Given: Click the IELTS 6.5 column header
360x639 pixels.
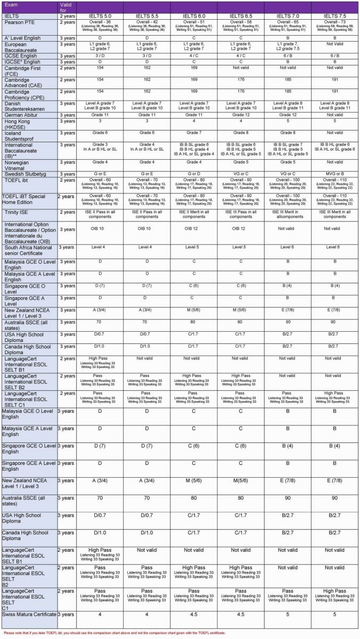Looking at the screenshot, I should pyautogui.click(x=241, y=17).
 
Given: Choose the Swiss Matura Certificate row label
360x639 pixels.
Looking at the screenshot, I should pyautogui.click(x=29, y=614).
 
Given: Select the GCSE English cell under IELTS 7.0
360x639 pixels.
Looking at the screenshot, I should pyautogui.click(x=288, y=55).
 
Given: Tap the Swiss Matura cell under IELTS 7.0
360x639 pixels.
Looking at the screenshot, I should pyautogui.click(x=288, y=614).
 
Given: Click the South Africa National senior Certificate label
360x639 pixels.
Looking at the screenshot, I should pyautogui.click(x=29, y=250).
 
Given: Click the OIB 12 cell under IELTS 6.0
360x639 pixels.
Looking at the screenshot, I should pyautogui.click(x=194, y=230).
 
